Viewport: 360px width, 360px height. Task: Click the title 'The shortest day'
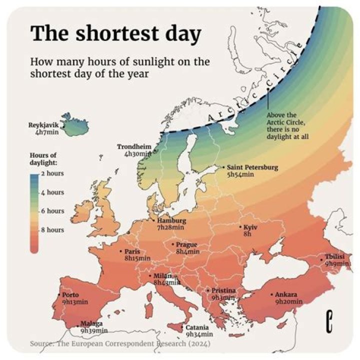(x=115, y=33)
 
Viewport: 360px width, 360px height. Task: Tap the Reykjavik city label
(x=43, y=124)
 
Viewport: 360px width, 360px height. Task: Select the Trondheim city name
(x=134, y=146)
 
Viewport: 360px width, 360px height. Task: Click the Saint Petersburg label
(x=252, y=167)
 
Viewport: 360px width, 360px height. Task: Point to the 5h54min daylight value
(x=241, y=174)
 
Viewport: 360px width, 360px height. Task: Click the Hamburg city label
(x=171, y=220)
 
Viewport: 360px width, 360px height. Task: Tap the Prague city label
(x=186, y=244)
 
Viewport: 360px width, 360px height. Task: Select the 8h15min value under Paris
(x=137, y=258)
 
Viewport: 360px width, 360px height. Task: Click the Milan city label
(x=162, y=276)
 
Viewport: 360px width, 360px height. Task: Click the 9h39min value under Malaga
(x=94, y=330)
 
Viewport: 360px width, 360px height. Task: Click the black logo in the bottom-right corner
(x=329, y=320)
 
